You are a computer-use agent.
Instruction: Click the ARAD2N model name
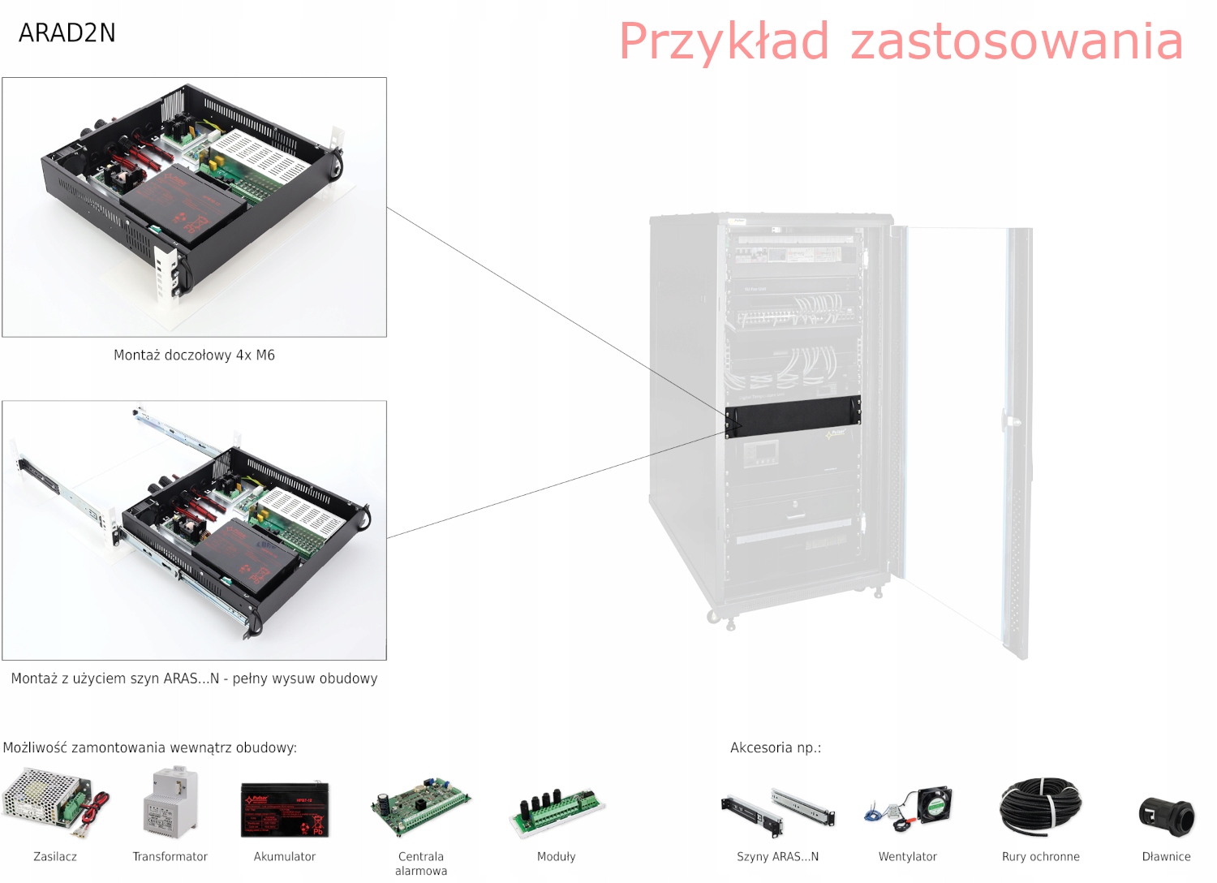tap(67, 33)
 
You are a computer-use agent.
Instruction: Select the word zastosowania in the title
tap(1017, 41)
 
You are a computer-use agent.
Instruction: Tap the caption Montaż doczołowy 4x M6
tap(194, 355)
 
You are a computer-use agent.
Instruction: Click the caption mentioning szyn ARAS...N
tap(194, 678)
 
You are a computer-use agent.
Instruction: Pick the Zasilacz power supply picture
tap(54, 803)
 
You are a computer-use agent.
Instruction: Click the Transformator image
tap(170, 804)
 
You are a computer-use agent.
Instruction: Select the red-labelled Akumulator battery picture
tap(285, 809)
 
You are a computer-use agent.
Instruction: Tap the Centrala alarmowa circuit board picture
tap(420, 807)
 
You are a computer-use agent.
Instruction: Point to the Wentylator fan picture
tap(908, 809)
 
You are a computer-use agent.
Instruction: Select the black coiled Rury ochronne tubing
tap(1040, 806)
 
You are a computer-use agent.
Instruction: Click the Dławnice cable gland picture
tap(1167, 816)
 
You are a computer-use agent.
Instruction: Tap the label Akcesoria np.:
tap(776, 747)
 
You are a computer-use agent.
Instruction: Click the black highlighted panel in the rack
tap(793, 416)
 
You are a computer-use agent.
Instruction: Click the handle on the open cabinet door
tap(1011, 421)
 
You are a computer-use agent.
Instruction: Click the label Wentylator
tap(908, 857)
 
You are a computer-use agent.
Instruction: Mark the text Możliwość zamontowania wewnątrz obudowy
tap(150, 747)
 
